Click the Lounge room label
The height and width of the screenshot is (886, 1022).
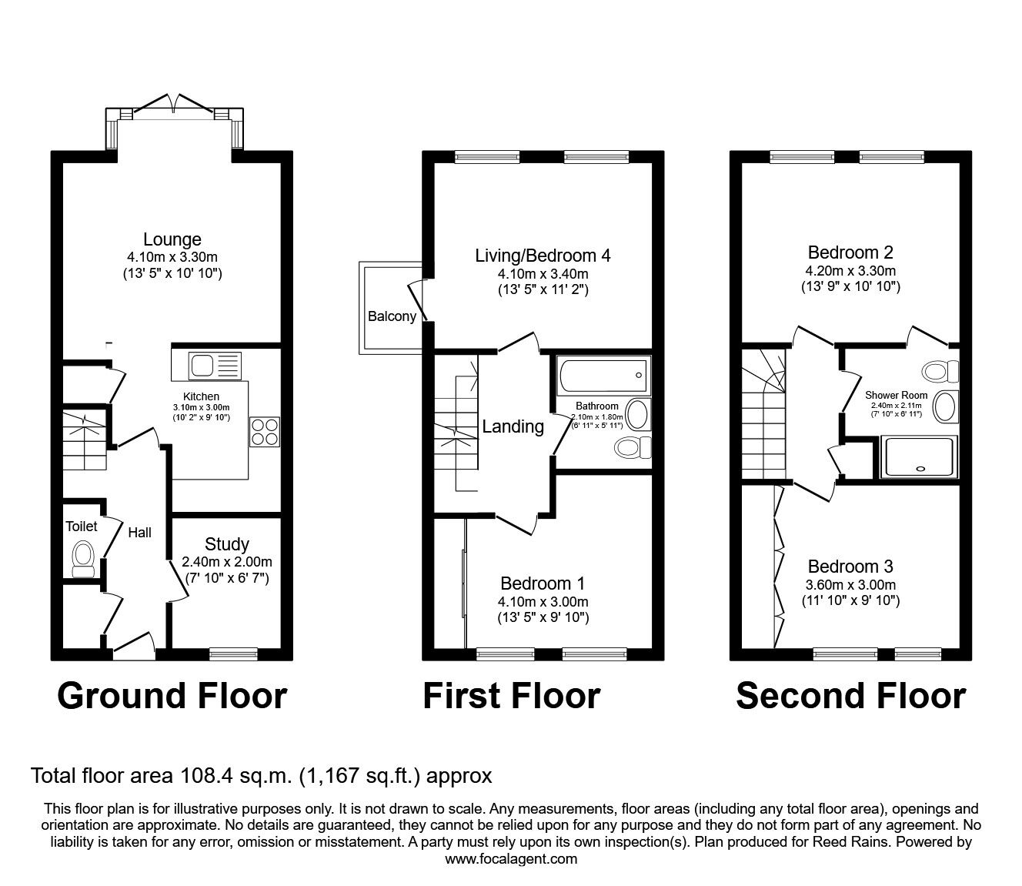172,239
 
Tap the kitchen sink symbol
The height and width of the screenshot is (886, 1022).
215,366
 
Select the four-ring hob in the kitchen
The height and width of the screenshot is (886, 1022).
265,433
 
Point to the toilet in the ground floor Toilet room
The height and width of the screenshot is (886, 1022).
84,560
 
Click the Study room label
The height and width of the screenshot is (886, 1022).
227,544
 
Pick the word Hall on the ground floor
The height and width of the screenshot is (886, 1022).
139,532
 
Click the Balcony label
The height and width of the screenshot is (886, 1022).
392,316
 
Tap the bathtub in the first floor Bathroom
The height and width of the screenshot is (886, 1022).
603,376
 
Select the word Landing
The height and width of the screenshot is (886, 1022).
513,426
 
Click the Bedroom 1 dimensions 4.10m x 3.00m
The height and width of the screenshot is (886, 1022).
543,602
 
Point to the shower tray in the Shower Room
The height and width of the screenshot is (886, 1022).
919,456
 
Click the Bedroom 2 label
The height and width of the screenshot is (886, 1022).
850,252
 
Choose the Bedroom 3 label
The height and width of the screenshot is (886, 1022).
850,566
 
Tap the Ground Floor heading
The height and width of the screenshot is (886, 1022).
172,696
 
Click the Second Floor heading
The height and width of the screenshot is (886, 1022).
851,696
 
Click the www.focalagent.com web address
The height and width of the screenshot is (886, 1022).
511,859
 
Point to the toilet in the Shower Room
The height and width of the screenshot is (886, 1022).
940,371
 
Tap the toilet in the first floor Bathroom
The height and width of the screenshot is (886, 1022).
633,448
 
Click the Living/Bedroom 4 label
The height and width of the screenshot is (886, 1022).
543,256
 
